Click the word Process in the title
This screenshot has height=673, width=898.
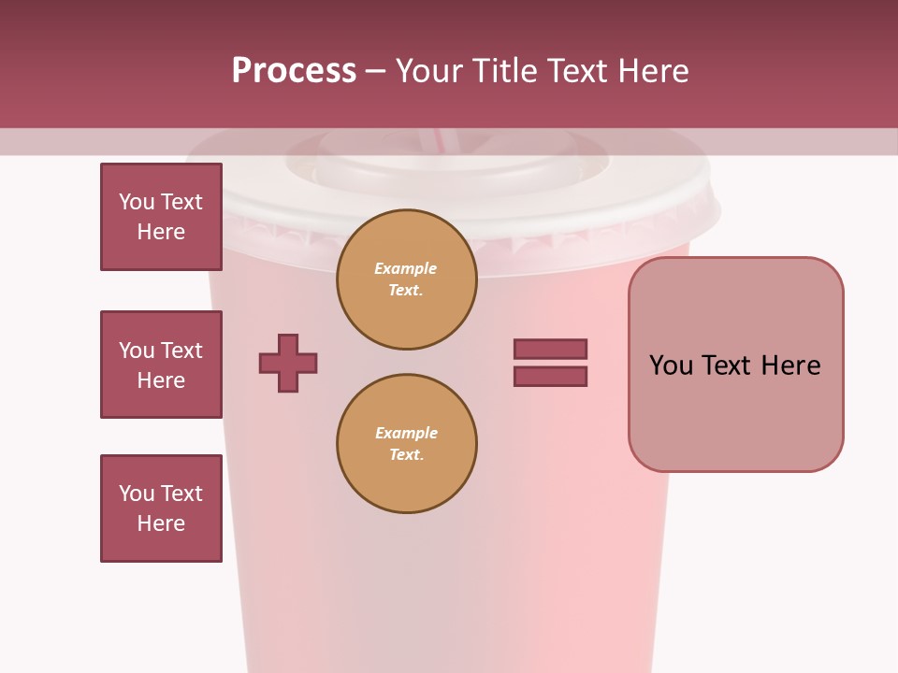click(294, 71)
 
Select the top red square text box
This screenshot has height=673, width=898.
click(161, 217)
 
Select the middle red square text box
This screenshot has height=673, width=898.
click(161, 365)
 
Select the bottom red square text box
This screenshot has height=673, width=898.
click(161, 508)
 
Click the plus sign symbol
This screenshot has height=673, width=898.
click(288, 363)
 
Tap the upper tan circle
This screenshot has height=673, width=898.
click(406, 279)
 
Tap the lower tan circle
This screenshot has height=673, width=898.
click(406, 444)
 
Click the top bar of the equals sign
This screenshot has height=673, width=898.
click(550, 350)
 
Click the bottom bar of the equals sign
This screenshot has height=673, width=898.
click(550, 377)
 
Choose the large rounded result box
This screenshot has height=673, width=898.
click(735, 365)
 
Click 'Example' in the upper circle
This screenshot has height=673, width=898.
click(406, 269)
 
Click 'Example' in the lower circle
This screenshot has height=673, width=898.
click(406, 434)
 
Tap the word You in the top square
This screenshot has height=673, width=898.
click(137, 202)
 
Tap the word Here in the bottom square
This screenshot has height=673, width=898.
click(161, 523)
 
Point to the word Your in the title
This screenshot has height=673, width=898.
click(428, 71)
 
